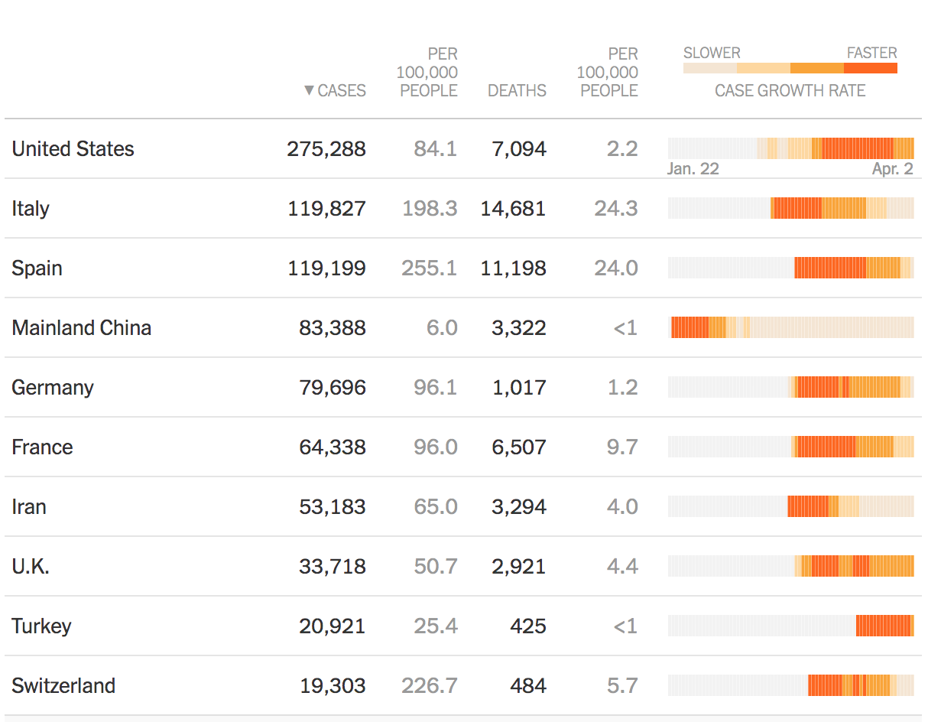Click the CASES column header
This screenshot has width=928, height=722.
click(x=341, y=90)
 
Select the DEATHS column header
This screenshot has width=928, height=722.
click(x=517, y=90)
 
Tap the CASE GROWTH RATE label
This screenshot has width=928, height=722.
click(x=790, y=90)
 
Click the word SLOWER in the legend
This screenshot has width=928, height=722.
click(x=712, y=53)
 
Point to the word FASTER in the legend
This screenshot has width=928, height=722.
click(x=871, y=53)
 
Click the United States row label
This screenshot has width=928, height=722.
click(x=73, y=148)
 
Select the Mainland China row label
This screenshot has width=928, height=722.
click(x=81, y=327)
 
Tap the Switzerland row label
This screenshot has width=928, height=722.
click(x=63, y=685)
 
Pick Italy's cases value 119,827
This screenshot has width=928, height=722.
click(x=326, y=208)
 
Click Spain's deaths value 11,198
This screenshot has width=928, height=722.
click(x=513, y=268)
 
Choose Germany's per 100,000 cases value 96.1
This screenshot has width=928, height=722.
click(x=435, y=387)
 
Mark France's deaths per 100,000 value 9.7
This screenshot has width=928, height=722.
click(x=621, y=447)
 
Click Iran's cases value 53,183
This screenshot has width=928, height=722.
click(x=333, y=506)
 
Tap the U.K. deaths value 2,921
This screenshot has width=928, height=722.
click(x=519, y=566)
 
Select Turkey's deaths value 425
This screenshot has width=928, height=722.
click(x=527, y=626)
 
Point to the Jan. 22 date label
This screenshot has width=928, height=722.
click(x=693, y=168)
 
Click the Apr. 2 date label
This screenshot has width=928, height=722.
click(x=892, y=168)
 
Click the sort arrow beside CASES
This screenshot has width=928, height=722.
click(x=309, y=90)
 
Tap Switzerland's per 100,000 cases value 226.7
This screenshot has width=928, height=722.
click(x=429, y=685)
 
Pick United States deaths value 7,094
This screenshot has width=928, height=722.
click(x=519, y=148)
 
